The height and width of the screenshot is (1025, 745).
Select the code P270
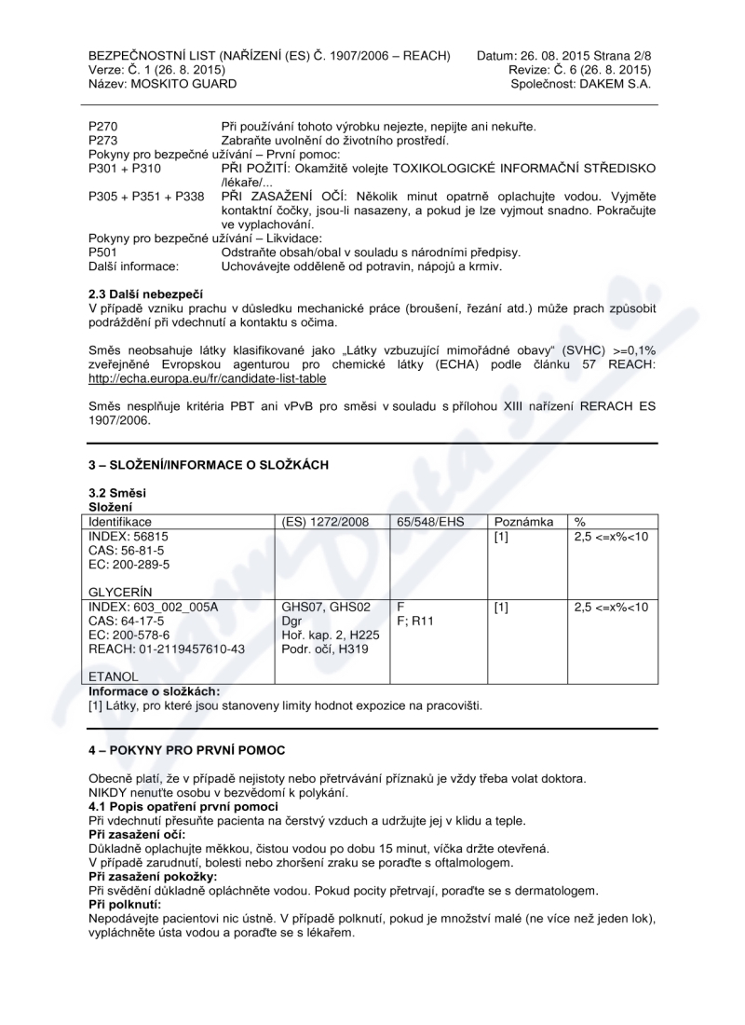(103, 126)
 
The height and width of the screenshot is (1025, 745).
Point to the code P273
(103, 140)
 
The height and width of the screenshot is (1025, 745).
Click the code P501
(103, 253)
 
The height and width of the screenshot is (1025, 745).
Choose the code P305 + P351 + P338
(146, 196)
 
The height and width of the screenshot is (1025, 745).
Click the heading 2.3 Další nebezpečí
(139, 294)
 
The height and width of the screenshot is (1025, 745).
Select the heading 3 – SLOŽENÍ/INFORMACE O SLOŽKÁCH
(209, 464)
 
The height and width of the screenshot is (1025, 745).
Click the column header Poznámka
(525, 523)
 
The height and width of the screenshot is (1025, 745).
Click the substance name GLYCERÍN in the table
(121, 592)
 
